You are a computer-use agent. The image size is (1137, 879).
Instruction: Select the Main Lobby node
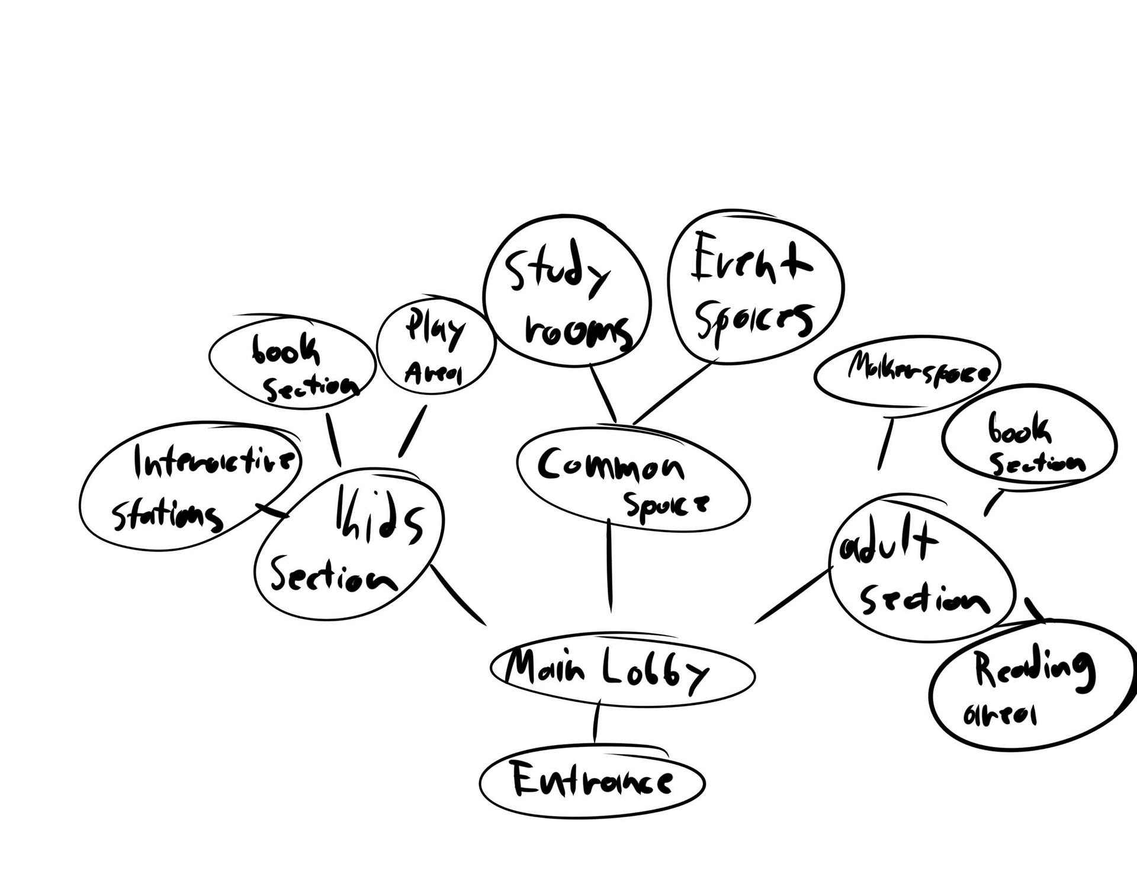[x=622, y=674]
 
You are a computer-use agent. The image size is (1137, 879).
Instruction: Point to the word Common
[x=610, y=465]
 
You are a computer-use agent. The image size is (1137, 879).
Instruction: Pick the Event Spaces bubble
[x=755, y=287]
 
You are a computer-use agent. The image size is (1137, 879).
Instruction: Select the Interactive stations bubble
[x=189, y=483]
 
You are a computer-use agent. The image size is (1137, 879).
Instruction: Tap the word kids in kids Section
[x=379, y=518]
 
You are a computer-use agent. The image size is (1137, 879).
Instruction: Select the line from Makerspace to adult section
[x=885, y=444]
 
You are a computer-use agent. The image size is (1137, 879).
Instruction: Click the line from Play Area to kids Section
[x=412, y=431]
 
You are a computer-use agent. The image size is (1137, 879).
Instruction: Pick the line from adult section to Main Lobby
[x=794, y=595]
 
